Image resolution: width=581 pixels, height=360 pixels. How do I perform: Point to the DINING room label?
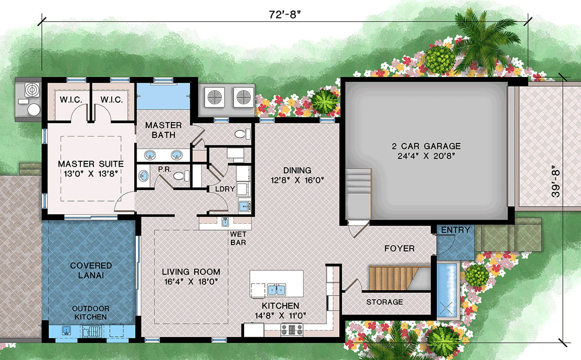[x=298, y=175]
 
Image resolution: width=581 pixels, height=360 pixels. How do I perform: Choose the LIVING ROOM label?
[x=191, y=277]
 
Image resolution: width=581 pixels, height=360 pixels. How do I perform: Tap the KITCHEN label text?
[x=280, y=311]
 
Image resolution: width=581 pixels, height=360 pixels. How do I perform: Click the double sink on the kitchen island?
[x=276, y=290]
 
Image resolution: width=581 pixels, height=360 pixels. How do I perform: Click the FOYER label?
[x=399, y=249]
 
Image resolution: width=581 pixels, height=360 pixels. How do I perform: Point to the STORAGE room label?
[x=384, y=302]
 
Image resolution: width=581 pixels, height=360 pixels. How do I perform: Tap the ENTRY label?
[x=455, y=230]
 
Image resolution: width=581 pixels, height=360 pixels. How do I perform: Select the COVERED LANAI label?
[x=91, y=270]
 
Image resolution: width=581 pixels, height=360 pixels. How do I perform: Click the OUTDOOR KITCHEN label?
[x=91, y=313]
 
